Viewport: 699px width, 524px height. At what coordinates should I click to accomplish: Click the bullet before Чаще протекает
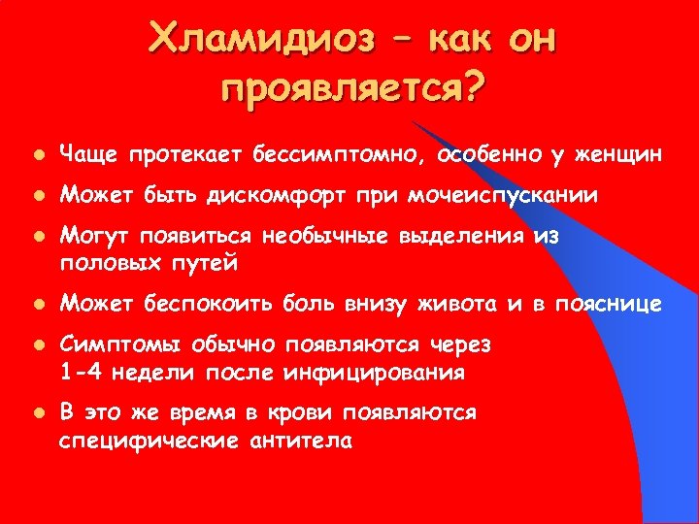coord(36,154)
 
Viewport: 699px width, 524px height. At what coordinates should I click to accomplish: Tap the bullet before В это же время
coord(36,414)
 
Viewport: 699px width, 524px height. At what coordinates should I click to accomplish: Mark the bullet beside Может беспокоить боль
coord(36,306)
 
